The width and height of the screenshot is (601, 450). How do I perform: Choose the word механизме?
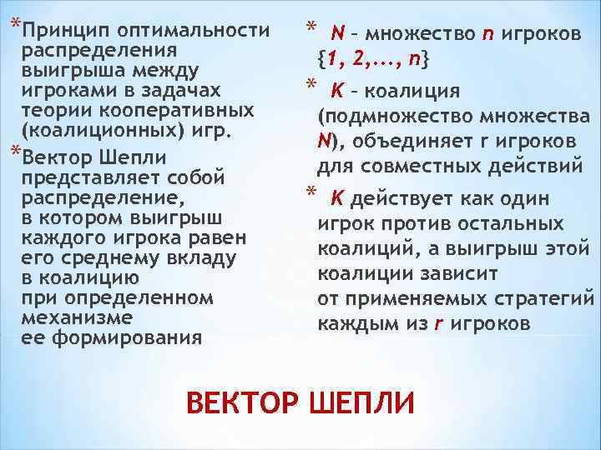click(x=78, y=317)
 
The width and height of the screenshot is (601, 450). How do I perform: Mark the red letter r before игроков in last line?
click(x=438, y=323)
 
